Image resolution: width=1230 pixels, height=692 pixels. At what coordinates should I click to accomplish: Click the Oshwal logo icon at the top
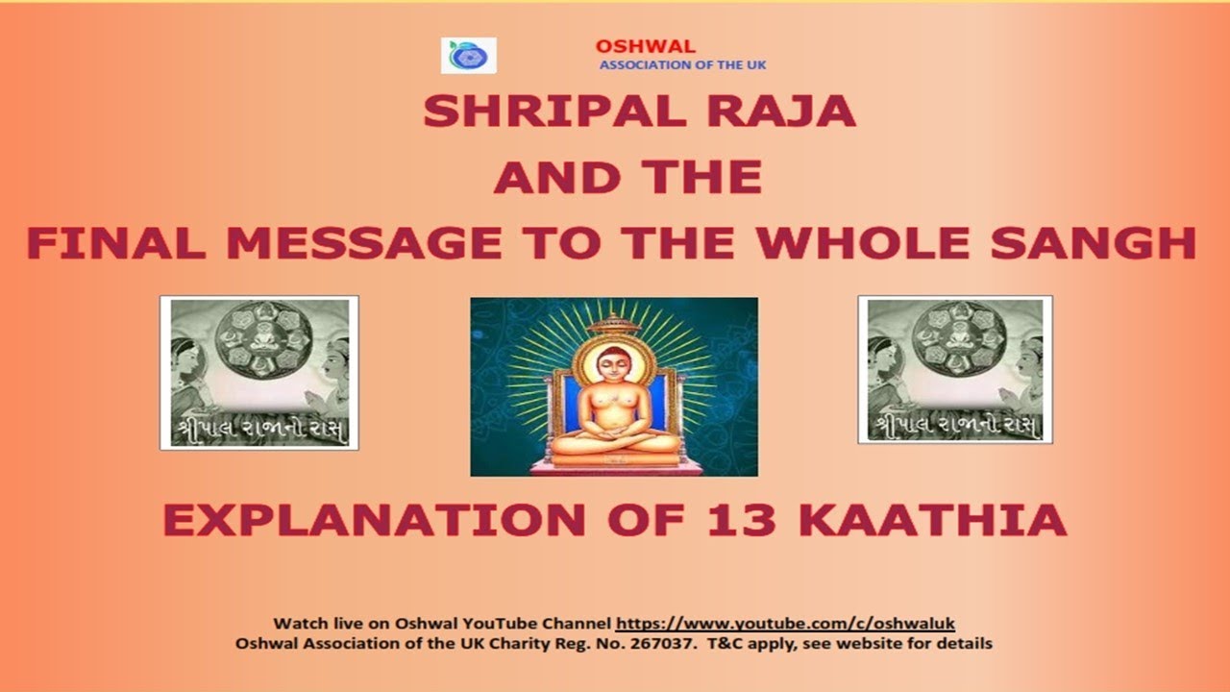pos(468,56)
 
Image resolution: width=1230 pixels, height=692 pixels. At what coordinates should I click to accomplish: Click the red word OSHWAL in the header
pos(645,46)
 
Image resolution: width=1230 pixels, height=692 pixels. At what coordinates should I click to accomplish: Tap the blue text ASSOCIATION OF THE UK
pos(682,64)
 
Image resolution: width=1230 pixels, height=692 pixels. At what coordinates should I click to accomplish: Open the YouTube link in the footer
pos(784,623)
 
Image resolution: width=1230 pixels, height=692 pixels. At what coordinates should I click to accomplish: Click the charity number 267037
pos(664,643)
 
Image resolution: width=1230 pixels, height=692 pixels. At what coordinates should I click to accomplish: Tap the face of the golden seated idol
pos(612,365)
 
